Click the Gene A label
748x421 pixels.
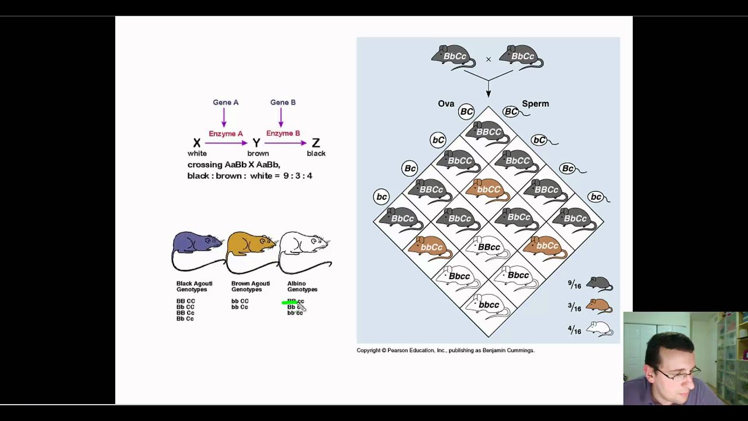[226, 102]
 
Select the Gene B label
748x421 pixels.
[283, 102]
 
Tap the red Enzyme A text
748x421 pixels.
[226, 134]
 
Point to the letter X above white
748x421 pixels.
[197, 143]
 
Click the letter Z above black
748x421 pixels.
[316, 143]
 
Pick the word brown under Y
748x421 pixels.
[258, 153]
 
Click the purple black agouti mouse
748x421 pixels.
[198, 244]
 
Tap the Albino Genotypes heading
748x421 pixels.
[302, 286]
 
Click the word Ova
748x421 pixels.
[446, 103]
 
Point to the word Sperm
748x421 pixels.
[535, 103]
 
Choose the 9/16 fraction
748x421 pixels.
[574, 285]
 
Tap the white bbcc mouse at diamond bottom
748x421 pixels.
[488, 305]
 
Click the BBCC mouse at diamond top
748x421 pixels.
[488, 133]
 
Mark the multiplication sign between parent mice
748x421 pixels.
[489, 59]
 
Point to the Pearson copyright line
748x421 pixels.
[445, 350]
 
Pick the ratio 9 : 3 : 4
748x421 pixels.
[298, 175]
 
